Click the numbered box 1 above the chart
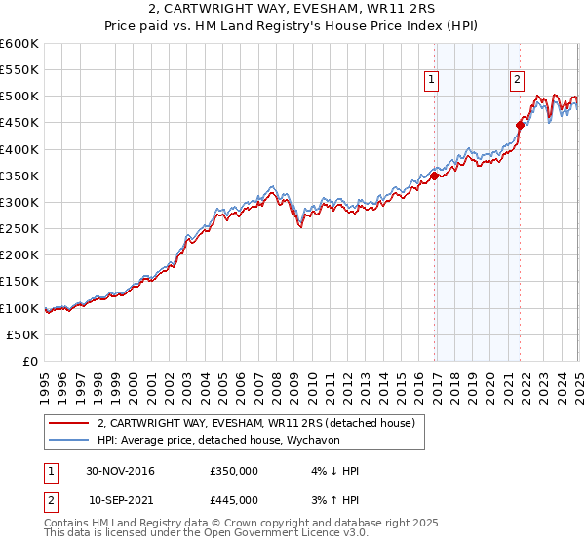430,81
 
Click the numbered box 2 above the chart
516,81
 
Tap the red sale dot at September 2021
521,125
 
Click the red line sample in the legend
66,423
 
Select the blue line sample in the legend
66,440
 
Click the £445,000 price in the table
234,500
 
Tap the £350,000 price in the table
234,472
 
